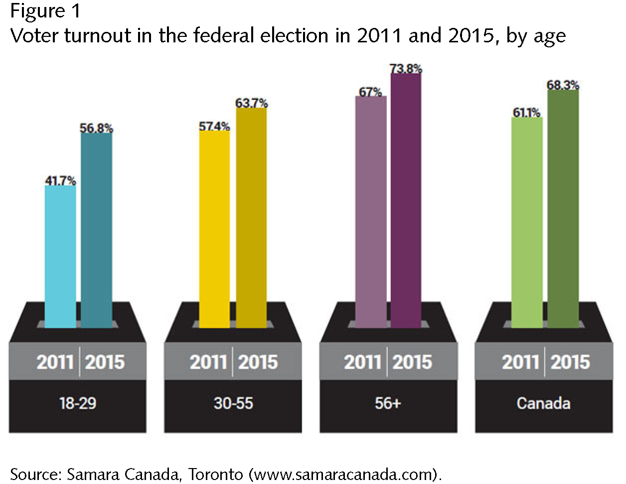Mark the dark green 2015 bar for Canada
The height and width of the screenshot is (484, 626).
point(563,209)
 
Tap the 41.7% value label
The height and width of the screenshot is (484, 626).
point(60,181)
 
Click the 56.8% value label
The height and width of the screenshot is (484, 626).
point(96,128)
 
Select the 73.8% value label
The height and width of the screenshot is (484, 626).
point(406,69)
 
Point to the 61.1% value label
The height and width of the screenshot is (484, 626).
point(527,113)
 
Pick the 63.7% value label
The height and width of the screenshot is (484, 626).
point(251,103)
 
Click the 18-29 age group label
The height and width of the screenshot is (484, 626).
point(78,402)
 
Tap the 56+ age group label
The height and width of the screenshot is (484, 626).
point(388,402)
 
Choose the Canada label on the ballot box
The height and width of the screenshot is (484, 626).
point(543,402)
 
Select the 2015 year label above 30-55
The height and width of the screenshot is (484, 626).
point(258,362)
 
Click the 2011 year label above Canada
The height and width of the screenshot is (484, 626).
point(521,362)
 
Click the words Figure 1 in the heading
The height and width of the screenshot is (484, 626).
point(45,11)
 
